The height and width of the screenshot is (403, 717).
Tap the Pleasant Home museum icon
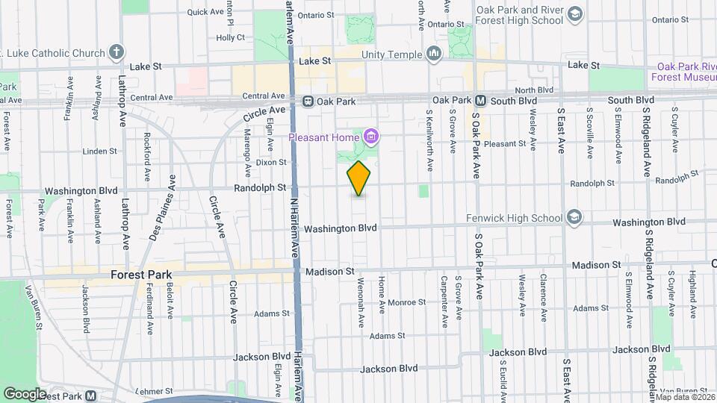coord(371,137)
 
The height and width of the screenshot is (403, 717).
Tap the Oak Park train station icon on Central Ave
coord(307,101)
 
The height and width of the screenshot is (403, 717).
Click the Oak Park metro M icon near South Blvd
coord(481,100)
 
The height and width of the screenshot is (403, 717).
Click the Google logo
coord(25,393)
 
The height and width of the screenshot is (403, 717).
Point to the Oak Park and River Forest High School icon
coord(574,15)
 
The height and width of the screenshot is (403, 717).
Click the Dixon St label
coord(271,162)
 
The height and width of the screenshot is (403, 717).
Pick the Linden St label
coord(96,151)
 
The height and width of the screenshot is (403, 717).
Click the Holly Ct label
coord(226,37)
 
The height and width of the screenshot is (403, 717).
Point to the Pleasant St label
coord(505,144)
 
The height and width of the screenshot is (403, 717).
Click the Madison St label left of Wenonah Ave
coord(338,272)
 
